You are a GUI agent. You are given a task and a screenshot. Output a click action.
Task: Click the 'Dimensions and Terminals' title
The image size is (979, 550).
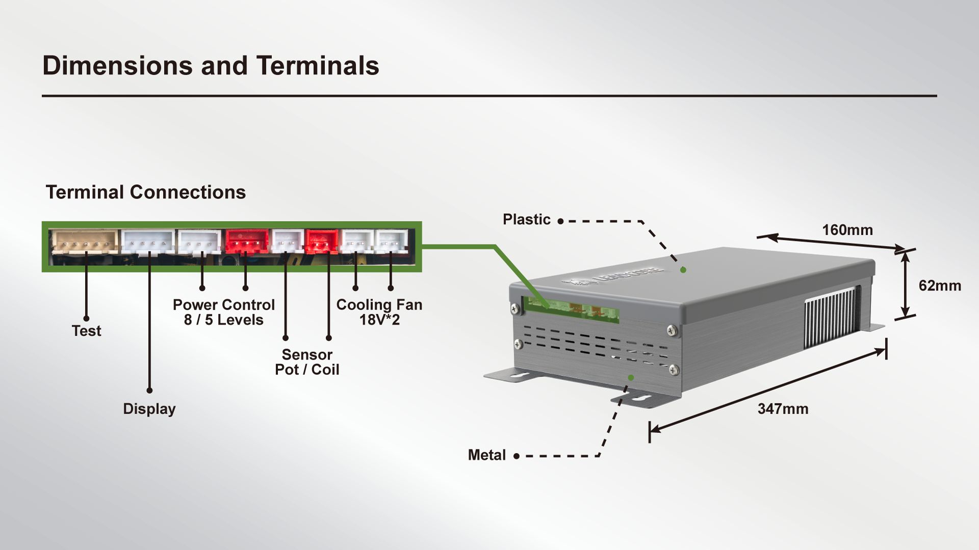[211, 66]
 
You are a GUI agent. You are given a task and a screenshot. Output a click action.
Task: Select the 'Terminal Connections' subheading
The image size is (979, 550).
[146, 193]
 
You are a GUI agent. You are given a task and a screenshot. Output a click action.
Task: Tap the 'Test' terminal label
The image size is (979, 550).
[86, 331]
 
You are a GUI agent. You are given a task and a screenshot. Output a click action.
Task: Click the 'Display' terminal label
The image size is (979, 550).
[149, 409]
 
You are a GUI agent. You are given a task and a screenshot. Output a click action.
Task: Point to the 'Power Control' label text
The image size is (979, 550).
[223, 305]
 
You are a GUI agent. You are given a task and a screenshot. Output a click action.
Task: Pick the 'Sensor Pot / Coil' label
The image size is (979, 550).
[307, 362]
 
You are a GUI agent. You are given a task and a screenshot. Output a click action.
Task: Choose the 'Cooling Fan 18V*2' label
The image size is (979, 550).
[379, 312]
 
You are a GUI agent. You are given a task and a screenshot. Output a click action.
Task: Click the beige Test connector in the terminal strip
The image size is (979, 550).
[84, 241]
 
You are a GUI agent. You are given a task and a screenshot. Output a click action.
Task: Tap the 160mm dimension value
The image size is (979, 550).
[847, 230]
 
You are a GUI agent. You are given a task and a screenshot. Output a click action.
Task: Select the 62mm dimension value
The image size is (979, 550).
[939, 286]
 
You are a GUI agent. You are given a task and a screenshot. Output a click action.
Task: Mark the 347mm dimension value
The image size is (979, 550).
[783, 409]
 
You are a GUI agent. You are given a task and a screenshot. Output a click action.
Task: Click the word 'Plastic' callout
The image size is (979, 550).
[526, 219]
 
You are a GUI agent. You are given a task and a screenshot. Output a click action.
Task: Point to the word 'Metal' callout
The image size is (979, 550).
[486, 455]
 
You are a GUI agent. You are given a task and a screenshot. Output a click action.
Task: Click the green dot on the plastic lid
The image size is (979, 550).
[683, 270]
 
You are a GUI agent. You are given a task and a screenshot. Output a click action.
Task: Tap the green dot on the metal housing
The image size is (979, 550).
[631, 377]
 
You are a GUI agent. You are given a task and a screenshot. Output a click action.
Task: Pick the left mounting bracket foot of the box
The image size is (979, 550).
[512, 376]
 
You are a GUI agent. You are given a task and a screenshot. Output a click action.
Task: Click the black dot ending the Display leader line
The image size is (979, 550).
[149, 391]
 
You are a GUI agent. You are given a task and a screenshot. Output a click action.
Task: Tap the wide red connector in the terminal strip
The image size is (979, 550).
[247, 241]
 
